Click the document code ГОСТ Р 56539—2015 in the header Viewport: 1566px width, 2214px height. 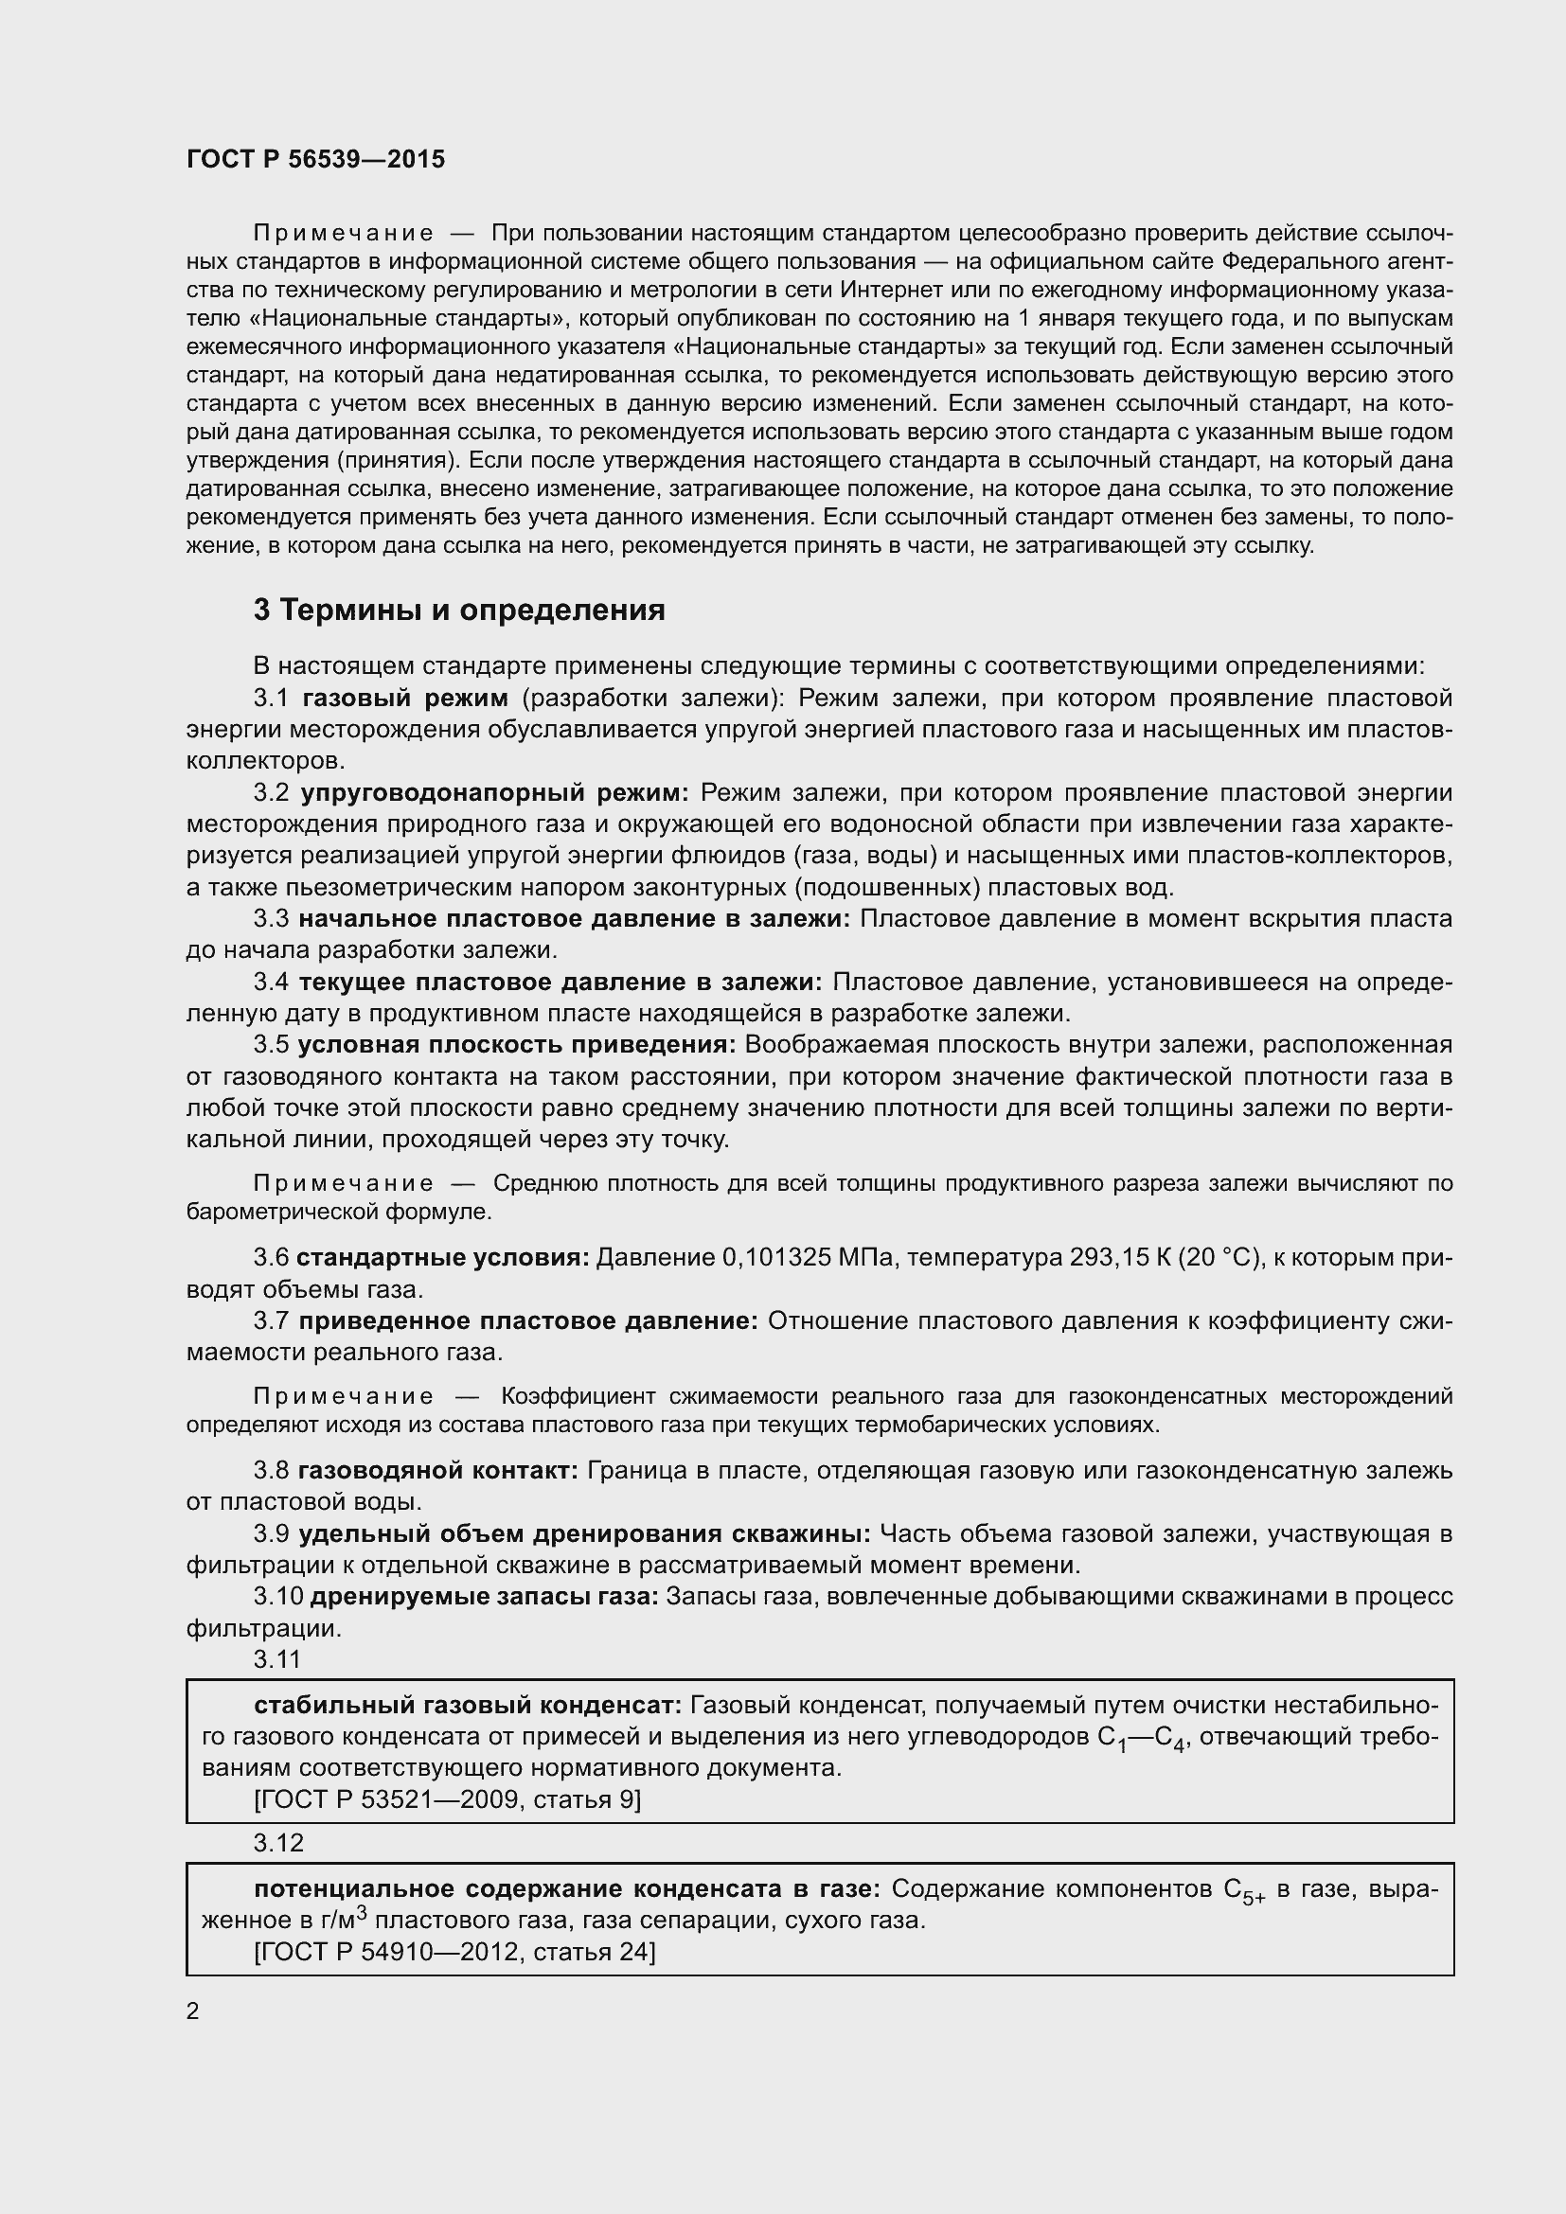click(x=315, y=160)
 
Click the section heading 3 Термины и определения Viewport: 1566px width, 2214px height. click(x=459, y=611)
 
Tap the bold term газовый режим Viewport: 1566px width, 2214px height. click(x=405, y=699)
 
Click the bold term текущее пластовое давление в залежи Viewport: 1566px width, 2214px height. click(x=561, y=983)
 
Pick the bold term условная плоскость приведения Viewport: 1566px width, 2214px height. click(x=517, y=1045)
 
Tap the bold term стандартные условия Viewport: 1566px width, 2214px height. click(x=442, y=1257)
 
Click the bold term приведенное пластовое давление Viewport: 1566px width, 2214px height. click(x=528, y=1321)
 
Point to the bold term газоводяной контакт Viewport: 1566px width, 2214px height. click(x=437, y=1471)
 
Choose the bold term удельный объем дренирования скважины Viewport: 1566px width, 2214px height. click(x=584, y=1534)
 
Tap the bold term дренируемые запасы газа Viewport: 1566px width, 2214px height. click(x=484, y=1597)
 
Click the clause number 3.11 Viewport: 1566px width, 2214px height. click(x=276, y=1658)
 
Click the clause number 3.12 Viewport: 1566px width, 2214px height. click(x=278, y=1843)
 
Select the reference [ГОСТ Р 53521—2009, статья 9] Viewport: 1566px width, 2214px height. click(x=447, y=1799)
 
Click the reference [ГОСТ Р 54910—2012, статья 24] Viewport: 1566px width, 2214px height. click(x=454, y=1952)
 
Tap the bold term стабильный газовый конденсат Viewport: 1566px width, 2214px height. click(x=468, y=1705)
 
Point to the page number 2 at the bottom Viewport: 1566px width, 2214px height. click(x=193, y=2011)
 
